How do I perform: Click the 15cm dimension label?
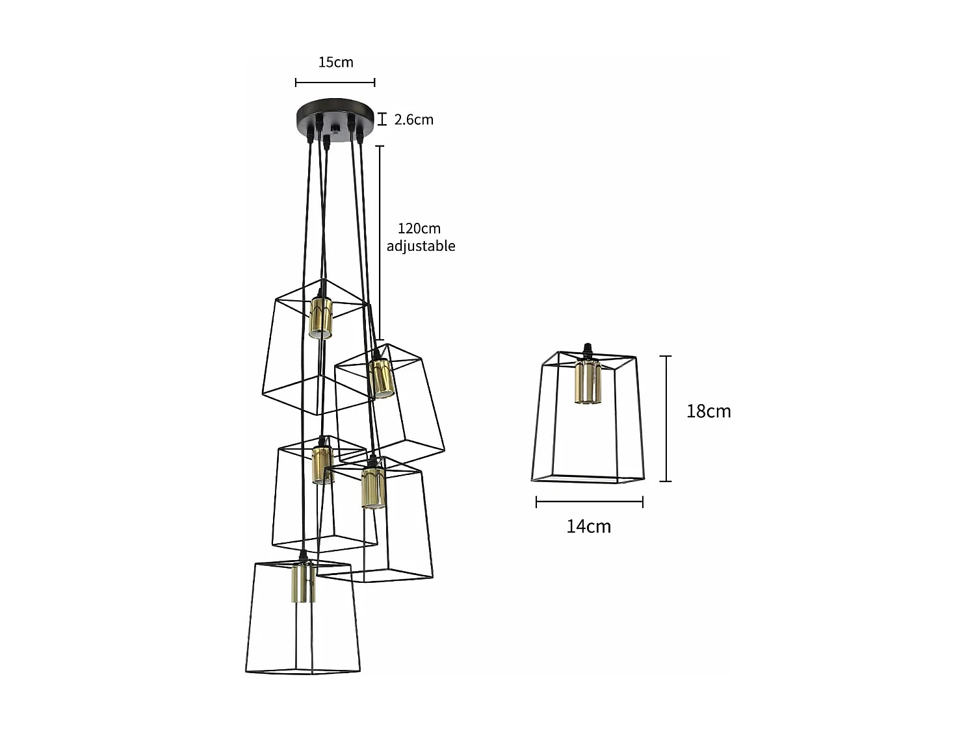tap(335, 62)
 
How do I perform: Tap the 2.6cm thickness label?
tap(413, 120)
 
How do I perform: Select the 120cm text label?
tap(419, 229)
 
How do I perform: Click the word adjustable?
tap(421, 246)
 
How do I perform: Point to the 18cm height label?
tap(708, 411)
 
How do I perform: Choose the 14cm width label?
tap(588, 526)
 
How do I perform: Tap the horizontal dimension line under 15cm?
tap(335, 83)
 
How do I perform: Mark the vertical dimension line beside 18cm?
tap(665, 418)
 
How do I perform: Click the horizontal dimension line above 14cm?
tap(589, 502)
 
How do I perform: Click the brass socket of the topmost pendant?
tap(320, 318)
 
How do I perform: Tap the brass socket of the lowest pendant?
tap(303, 582)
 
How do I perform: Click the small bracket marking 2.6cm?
tap(382, 119)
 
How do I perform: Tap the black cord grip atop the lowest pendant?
tap(302, 556)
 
